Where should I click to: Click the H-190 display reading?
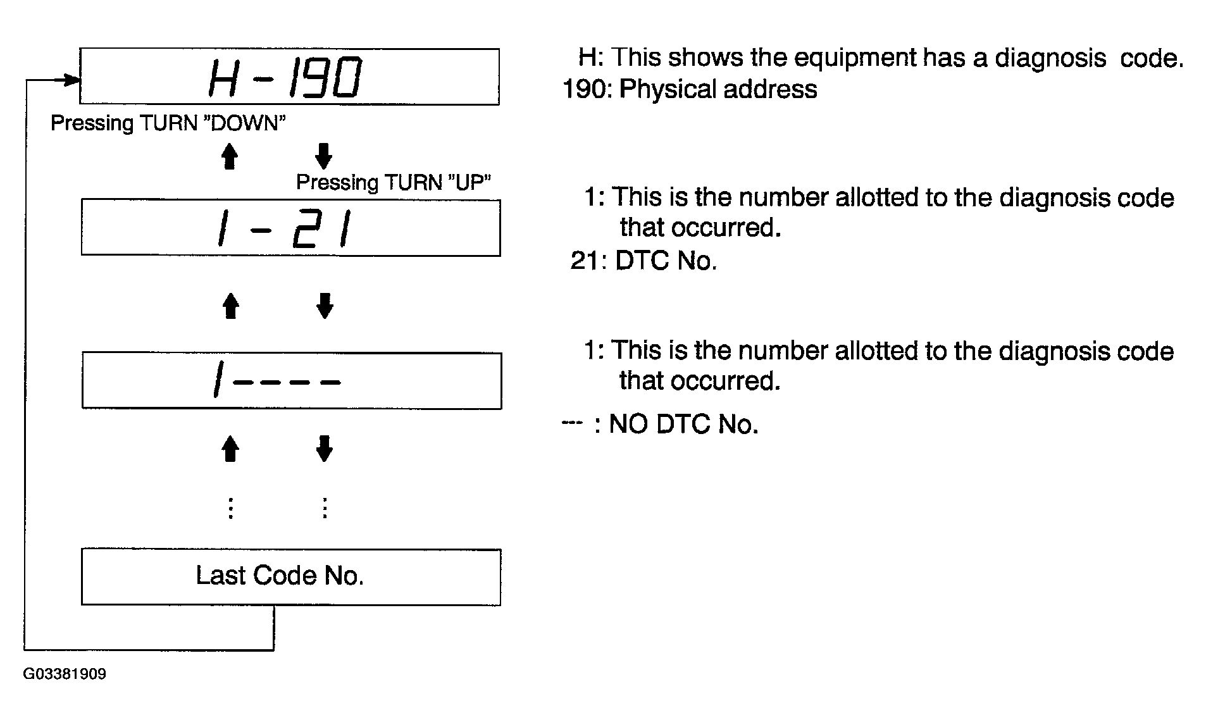point(285,77)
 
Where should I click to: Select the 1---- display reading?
point(277,381)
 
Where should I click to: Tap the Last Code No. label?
point(280,576)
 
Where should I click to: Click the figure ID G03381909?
point(65,674)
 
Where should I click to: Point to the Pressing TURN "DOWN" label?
point(168,123)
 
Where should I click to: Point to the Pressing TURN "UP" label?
point(394,182)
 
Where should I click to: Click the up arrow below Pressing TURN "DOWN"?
point(230,156)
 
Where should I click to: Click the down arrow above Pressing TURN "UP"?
point(323,156)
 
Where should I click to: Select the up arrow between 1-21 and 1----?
point(231,306)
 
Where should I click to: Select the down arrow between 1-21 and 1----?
point(325,306)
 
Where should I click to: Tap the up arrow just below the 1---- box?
point(230,449)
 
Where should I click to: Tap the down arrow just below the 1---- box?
point(324,449)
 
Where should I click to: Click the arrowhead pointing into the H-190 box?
point(71,80)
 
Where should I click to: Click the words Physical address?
point(718,90)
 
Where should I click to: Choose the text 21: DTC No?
point(643,261)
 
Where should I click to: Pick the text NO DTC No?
point(683,424)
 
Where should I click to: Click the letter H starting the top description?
point(588,57)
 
